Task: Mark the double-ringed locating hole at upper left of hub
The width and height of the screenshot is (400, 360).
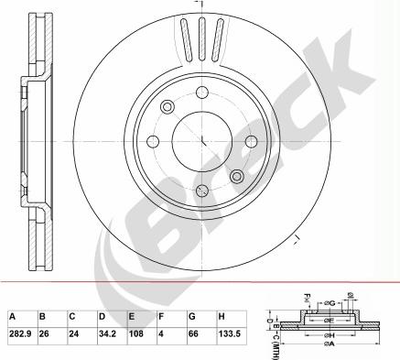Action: click(x=168, y=108)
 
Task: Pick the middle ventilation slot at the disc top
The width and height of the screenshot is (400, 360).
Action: click(x=200, y=38)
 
